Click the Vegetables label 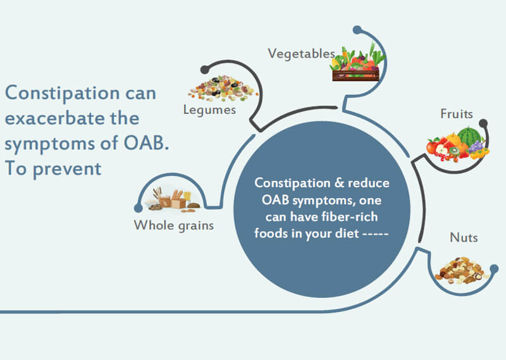302,54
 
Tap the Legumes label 209,110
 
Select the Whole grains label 173,225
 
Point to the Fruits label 457,114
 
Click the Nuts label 464,237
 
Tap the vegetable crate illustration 357,63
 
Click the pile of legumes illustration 223,88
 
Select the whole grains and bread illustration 173,200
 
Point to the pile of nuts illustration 462,271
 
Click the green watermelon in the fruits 470,135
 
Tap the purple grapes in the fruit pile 476,146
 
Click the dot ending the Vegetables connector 357,30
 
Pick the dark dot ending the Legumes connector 204,70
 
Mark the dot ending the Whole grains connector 139,208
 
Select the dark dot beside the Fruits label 483,123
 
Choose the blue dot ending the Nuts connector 494,268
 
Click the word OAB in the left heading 146,143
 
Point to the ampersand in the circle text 339,183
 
